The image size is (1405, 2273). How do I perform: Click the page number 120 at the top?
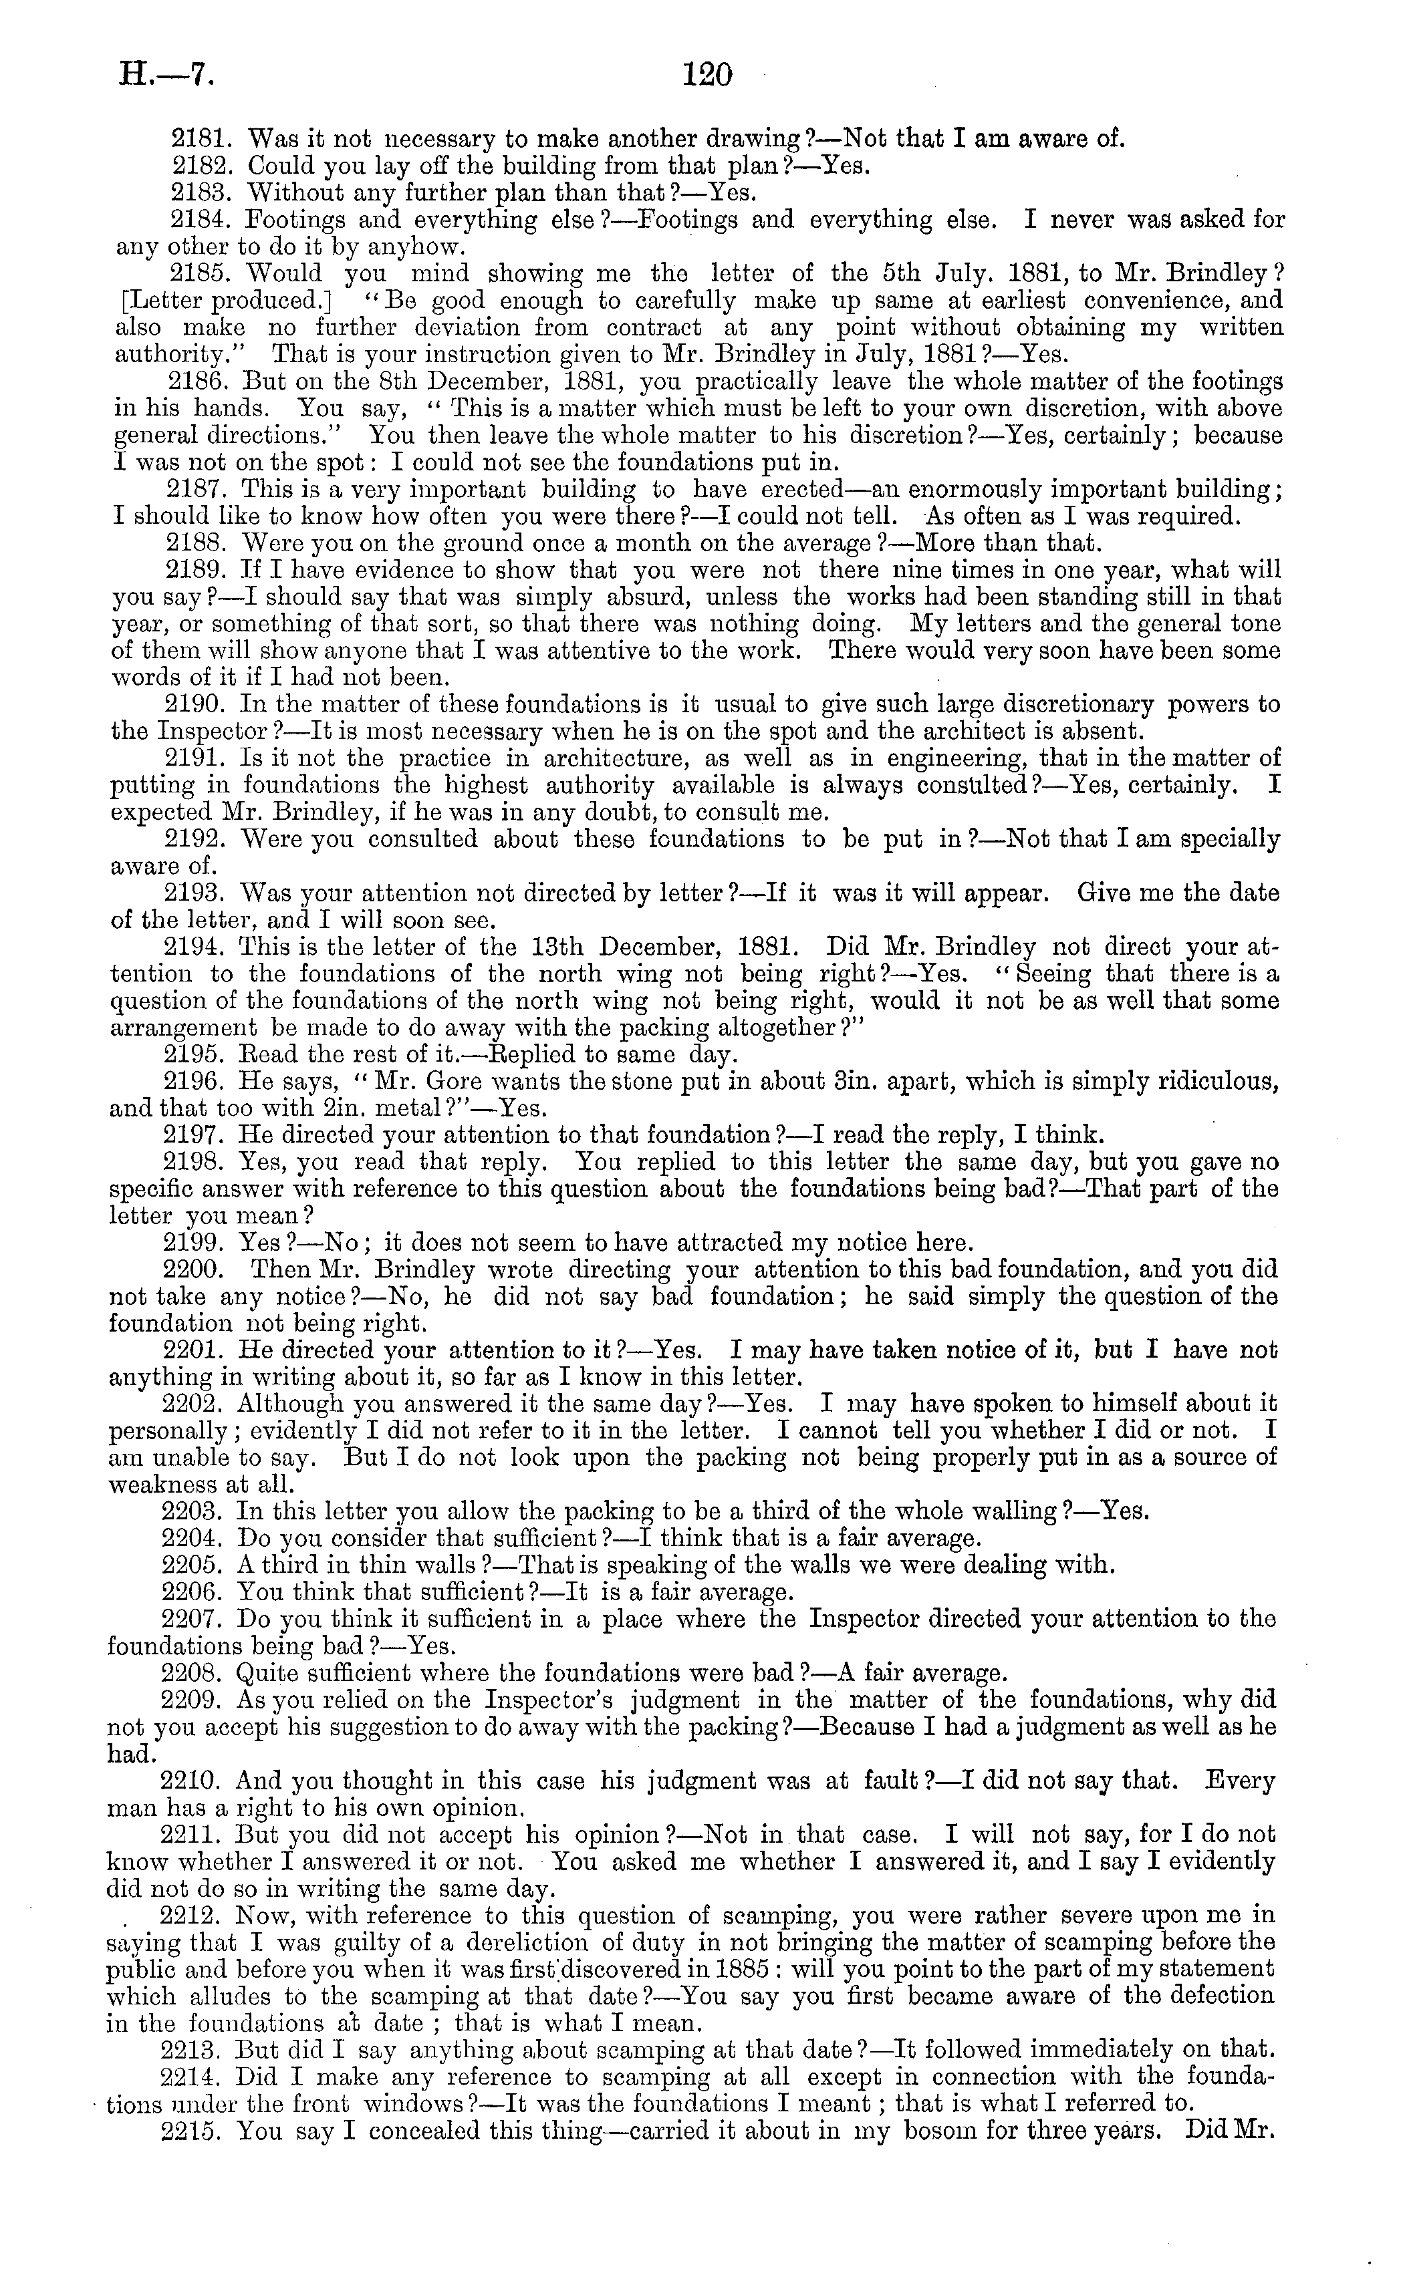707,73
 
